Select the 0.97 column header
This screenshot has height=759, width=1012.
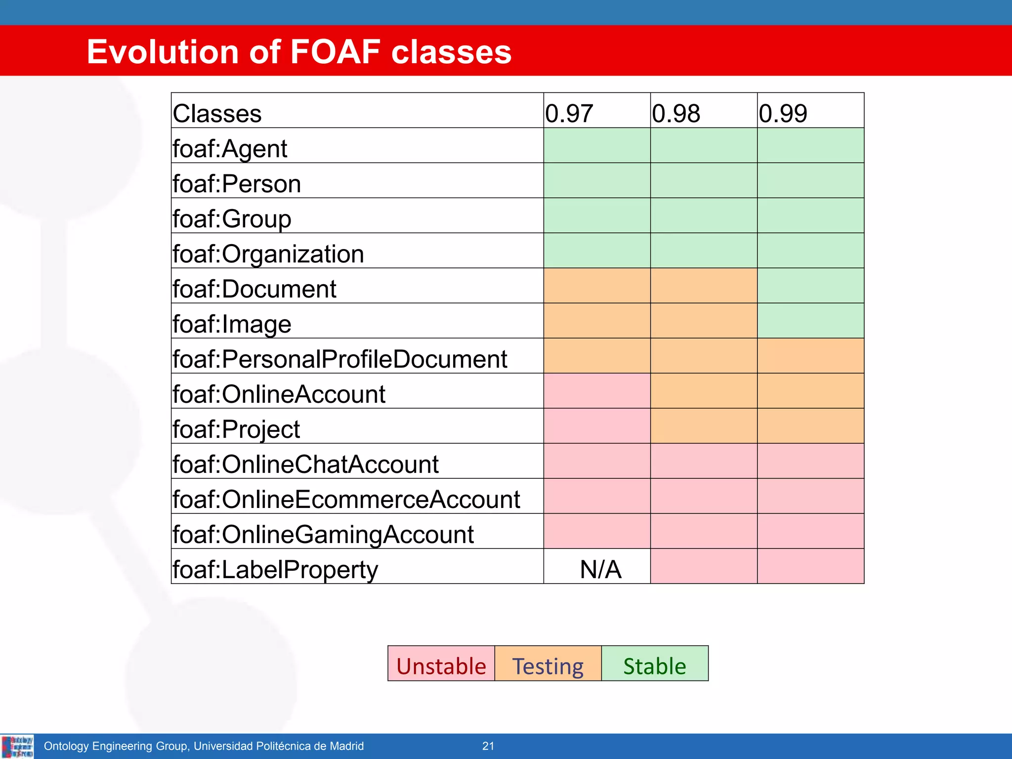[x=569, y=113]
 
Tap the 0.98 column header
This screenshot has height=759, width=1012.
[x=675, y=113]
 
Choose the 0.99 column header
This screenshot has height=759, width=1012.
[x=783, y=113]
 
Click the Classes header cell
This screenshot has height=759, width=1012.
[x=217, y=113]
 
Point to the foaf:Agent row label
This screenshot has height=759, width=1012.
[x=230, y=148]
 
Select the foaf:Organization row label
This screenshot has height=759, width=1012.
[x=268, y=253]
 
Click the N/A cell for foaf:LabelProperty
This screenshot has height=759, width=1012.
[x=600, y=569]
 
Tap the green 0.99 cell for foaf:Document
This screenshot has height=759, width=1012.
[x=810, y=286]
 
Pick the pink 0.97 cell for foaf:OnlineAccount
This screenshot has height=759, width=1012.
[x=597, y=391]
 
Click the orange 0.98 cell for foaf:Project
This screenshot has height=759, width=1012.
[x=704, y=426]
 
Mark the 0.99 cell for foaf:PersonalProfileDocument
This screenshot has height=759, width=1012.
[x=810, y=356]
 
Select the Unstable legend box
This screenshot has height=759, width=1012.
[x=441, y=665]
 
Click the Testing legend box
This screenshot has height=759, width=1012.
[x=548, y=665]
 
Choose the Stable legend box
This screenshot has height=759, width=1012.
[x=655, y=665]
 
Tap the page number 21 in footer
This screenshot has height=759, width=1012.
[x=488, y=746]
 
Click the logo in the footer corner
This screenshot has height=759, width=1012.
[x=18, y=746]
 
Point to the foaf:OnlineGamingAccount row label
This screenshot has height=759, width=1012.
[x=323, y=534]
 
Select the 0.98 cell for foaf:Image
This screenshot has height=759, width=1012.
[x=704, y=321]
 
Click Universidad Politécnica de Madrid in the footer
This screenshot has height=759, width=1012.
[x=279, y=746]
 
